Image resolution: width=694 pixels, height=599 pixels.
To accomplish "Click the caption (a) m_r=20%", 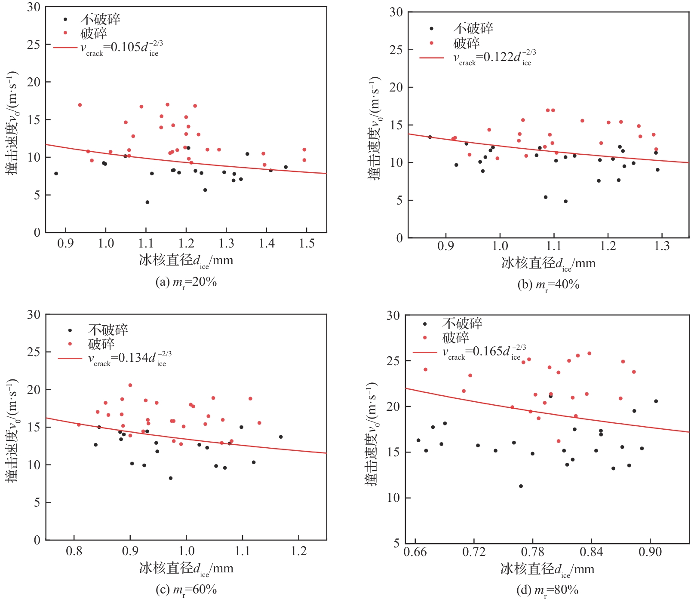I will click(x=186, y=282).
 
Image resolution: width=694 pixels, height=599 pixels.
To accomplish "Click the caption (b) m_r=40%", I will click(x=548, y=285).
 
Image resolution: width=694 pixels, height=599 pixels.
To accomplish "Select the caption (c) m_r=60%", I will click(x=186, y=590).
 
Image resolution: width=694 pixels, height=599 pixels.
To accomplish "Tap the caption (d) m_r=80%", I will click(x=547, y=590).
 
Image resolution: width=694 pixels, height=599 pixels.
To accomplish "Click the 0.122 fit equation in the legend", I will click(x=495, y=57).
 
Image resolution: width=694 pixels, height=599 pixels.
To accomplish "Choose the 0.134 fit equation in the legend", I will click(x=130, y=358).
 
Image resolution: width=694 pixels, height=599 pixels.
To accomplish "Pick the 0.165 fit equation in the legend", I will click(x=484, y=352).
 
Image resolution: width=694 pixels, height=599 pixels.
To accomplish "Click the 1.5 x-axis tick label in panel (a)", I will click(x=307, y=244).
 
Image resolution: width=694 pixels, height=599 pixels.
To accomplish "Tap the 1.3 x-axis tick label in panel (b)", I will click(x=662, y=246).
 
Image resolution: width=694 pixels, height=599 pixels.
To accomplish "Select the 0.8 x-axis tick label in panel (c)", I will click(x=74, y=551).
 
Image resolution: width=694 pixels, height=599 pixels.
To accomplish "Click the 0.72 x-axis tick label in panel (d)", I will click(x=474, y=552).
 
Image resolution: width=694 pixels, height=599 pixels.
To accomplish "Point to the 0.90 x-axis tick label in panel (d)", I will click(x=650, y=552).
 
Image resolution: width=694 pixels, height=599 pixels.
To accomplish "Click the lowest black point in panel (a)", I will click(x=147, y=202).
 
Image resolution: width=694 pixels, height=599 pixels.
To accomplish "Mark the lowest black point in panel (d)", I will click(x=521, y=486).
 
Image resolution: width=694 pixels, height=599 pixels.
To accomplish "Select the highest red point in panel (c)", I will click(x=130, y=385).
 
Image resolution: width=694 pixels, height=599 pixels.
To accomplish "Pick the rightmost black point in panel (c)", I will click(x=281, y=437).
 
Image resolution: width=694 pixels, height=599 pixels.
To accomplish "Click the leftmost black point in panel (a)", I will click(x=56, y=174).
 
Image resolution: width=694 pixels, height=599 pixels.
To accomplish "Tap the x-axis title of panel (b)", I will click(x=548, y=263).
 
